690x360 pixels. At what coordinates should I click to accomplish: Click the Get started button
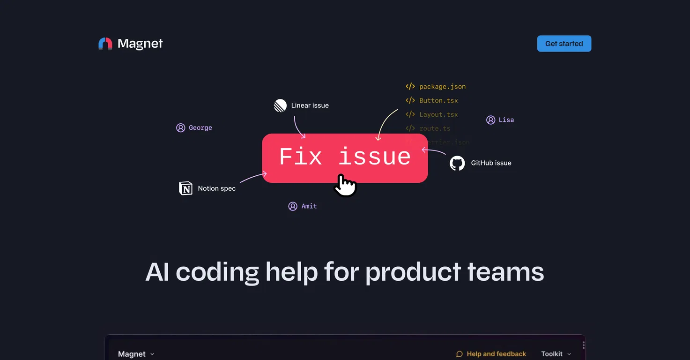click(x=564, y=44)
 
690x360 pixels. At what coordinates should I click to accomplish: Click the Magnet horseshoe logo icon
click(x=105, y=44)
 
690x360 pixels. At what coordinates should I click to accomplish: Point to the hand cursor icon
click(x=345, y=185)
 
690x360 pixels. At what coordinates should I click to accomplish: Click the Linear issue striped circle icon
click(x=280, y=105)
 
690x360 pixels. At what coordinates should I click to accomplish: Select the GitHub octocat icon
click(x=457, y=163)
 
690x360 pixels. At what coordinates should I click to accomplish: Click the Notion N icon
click(x=186, y=188)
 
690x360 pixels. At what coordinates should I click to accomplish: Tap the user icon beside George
click(x=180, y=128)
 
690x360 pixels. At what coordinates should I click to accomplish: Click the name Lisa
click(x=506, y=120)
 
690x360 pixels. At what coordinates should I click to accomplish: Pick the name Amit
click(x=309, y=206)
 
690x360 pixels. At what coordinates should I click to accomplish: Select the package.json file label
click(x=442, y=87)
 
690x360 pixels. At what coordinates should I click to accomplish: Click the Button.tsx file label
click(x=438, y=100)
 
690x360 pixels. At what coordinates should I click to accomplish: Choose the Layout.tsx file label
click(x=438, y=114)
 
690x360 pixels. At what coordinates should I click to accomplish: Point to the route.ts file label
click(x=435, y=128)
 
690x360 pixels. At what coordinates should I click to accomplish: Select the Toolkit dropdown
click(x=556, y=354)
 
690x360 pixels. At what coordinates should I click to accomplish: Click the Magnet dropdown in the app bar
click(x=136, y=354)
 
